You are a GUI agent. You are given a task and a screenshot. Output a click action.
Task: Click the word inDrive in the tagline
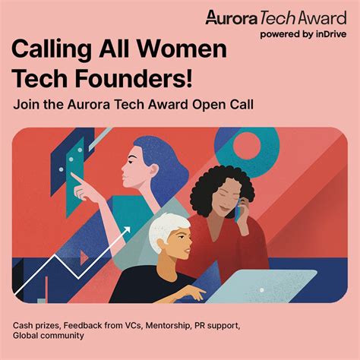click(331, 34)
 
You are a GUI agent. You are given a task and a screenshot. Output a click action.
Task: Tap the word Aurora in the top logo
click(231, 18)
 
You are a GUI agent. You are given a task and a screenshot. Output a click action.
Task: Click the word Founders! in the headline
click(134, 78)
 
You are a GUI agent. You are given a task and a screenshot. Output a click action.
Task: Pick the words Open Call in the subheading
click(223, 105)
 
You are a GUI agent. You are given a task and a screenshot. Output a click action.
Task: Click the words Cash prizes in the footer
click(36, 326)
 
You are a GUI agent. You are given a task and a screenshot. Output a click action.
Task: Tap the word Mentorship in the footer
click(168, 325)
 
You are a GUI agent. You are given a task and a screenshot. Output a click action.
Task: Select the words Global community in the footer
click(49, 336)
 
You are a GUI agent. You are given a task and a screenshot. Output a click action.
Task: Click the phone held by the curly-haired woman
click(238, 212)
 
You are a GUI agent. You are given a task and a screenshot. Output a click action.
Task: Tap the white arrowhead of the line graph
click(127, 230)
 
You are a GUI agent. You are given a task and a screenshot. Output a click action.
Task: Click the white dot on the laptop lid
click(262, 290)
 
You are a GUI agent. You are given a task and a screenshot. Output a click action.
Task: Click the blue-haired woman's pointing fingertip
click(72, 175)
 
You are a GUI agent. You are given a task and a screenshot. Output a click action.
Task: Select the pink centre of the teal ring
click(247, 146)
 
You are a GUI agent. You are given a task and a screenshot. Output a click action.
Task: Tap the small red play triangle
click(84, 257)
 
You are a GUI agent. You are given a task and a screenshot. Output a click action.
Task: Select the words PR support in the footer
click(217, 326)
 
